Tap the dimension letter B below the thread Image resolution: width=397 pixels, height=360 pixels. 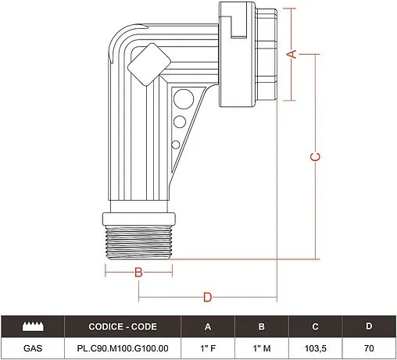coord(138,273)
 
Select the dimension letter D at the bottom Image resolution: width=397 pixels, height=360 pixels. coord(208,297)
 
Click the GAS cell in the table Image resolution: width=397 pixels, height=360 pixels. coord(32,348)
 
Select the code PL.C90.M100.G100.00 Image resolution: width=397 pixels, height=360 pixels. coord(122,348)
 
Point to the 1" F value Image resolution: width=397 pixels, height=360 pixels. coord(208,348)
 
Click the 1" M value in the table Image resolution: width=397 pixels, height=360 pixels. coord(261,348)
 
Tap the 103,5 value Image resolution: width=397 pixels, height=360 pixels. coord(315,348)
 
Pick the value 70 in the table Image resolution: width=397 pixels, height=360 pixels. coord(368,348)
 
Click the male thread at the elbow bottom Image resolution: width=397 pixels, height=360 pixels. coord(138,234)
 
